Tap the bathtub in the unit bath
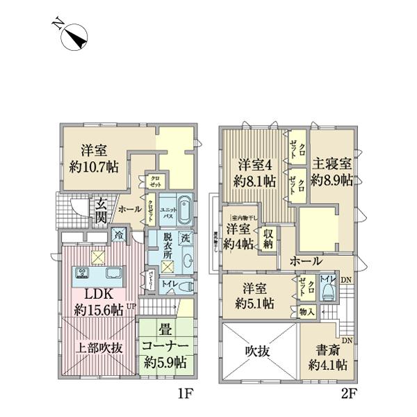coord(184,211)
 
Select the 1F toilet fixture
coord(185,286)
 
